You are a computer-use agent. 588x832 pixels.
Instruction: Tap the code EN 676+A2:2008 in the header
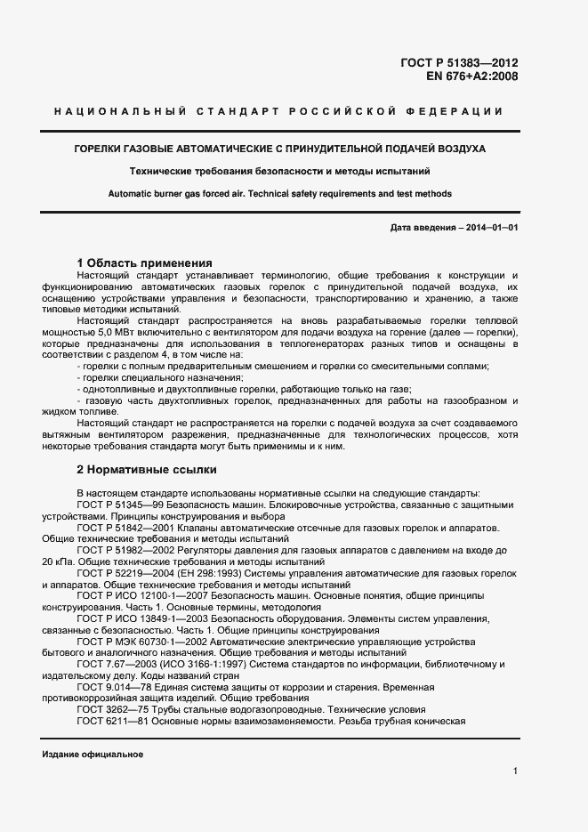[472, 77]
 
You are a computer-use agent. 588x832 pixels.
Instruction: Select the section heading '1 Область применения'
[144, 263]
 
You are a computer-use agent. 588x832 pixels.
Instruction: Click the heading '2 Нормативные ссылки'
[147, 469]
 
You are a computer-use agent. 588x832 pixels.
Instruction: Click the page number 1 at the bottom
[515, 771]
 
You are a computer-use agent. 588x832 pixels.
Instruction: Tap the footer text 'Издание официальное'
[93, 755]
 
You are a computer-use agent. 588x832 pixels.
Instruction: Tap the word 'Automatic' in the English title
[131, 194]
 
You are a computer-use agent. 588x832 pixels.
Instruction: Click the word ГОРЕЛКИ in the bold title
[100, 148]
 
